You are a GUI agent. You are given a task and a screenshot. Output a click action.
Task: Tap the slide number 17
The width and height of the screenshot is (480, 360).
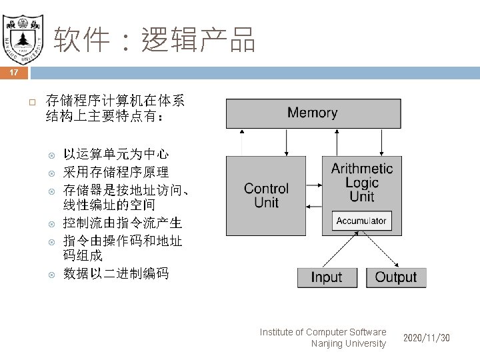[15, 72]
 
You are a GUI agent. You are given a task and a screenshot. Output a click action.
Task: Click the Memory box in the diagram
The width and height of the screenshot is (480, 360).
[312, 113]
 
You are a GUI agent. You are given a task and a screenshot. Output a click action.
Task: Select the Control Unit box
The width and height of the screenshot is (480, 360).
[266, 195]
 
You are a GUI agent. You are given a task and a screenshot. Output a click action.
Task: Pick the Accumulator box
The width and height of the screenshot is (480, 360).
[361, 221]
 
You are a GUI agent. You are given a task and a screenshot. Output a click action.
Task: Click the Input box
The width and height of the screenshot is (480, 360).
[326, 277]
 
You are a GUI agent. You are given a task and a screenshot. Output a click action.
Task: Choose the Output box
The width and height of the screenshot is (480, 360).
[395, 277]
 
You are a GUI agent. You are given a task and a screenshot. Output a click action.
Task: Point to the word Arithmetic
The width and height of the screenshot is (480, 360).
[362, 168]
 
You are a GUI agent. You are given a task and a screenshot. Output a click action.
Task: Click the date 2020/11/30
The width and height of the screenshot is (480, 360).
[427, 338]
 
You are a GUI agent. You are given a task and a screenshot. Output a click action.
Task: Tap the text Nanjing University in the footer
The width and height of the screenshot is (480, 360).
[348, 343]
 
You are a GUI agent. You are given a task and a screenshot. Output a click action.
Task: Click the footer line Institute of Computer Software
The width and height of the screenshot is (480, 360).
[323, 332]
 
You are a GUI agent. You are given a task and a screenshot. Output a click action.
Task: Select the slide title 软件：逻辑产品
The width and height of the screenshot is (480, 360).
[154, 41]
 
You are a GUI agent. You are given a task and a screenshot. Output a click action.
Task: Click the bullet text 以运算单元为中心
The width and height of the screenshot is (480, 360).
[116, 155]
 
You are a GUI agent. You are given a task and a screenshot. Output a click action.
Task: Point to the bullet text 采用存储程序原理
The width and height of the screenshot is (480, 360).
[116, 172]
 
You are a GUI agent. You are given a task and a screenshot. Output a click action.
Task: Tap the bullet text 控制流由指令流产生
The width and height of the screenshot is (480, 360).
[123, 223]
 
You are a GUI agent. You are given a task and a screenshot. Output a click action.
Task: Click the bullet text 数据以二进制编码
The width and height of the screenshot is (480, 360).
[116, 273]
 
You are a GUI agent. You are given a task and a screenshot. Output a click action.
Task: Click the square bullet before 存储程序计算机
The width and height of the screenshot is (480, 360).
[31, 103]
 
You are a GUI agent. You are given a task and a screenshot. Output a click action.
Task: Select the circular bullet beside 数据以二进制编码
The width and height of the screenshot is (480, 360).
[51, 273]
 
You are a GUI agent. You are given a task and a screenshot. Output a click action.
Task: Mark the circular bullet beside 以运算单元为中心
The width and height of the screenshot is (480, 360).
[51, 155]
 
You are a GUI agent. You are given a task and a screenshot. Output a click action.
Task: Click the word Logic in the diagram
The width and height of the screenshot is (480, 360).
[362, 182]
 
